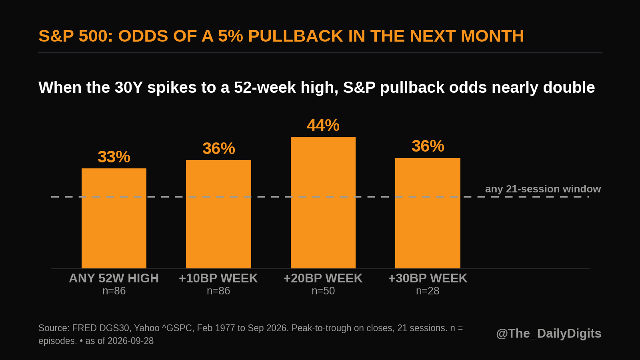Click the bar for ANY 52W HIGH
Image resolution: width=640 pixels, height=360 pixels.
coord(114,218)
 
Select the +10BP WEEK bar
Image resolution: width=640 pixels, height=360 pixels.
coord(218,214)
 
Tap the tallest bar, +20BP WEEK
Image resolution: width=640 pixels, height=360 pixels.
coord(323,202)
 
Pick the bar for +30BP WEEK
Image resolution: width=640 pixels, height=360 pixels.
coord(428,213)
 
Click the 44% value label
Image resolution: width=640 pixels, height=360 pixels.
coord(323,126)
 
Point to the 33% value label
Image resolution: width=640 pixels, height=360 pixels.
coord(114,157)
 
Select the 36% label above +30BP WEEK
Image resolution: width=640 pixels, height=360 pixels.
coord(428,146)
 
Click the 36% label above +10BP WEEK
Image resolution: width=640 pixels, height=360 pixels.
coord(218,148)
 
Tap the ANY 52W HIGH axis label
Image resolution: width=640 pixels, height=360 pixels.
coord(114,278)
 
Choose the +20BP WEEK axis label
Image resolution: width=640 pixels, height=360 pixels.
coord(323,278)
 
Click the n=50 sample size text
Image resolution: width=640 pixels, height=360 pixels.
coord(323,291)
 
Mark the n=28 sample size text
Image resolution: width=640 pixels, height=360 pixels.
coord(428,291)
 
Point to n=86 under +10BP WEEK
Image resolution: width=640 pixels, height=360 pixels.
coord(218,291)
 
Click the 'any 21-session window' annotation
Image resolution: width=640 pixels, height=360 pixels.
coord(543,189)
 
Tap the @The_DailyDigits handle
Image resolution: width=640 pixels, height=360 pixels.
coord(548,334)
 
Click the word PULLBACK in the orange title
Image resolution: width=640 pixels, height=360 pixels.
coord(296,36)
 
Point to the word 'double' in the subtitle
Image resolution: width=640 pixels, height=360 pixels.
coord(569,87)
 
